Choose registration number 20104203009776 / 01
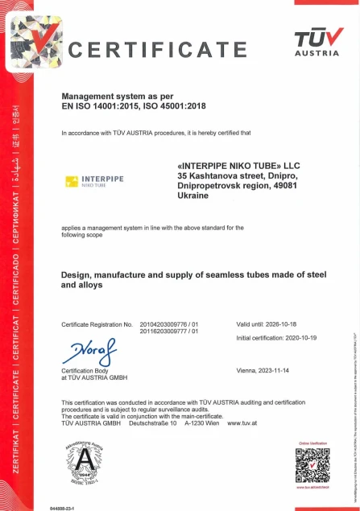168,324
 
